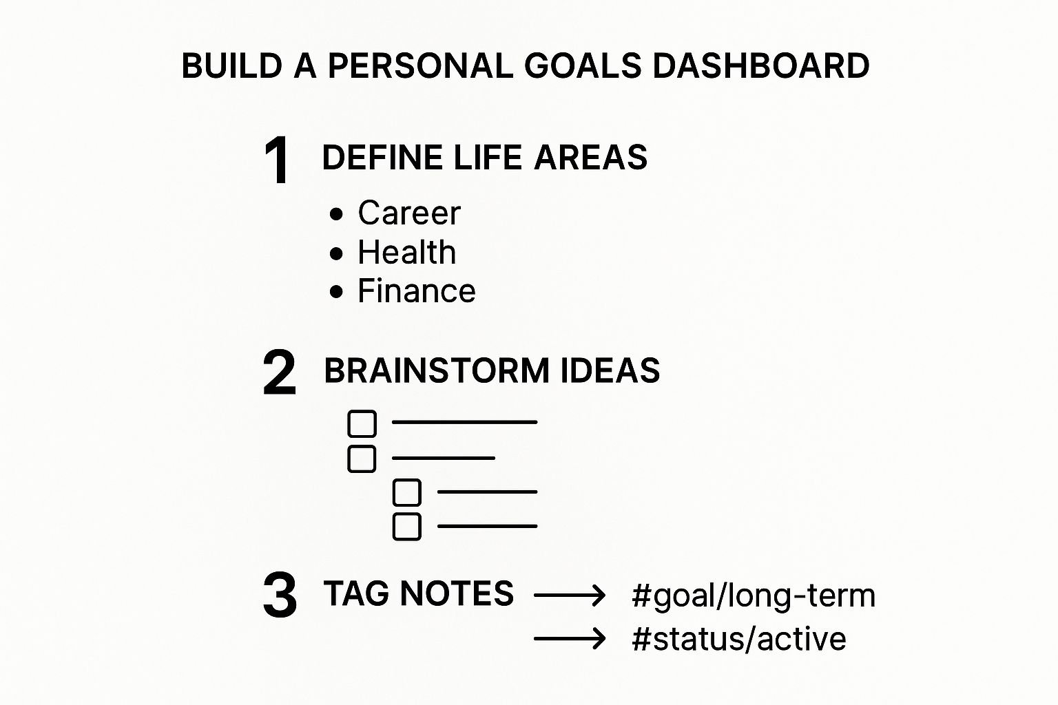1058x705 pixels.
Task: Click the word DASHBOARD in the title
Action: pyautogui.click(x=761, y=65)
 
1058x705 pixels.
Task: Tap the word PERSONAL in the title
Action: pyautogui.click(x=421, y=65)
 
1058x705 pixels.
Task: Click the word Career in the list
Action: pyautogui.click(x=409, y=213)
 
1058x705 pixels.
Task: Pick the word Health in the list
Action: pyautogui.click(x=406, y=252)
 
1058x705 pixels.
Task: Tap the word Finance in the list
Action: pyautogui.click(x=417, y=291)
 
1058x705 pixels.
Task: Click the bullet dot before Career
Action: pyautogui.click(x=336, y=214)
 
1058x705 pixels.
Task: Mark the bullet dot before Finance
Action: pyautogui.click(x=336, y=292)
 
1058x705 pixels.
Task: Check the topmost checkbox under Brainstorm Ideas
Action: pyautogui.click(x=362, y=423)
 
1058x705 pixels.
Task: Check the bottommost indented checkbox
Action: pyautogui.click(x=407, y=526)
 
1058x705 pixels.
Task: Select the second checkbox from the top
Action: pyautogui.click(x=362, y=459)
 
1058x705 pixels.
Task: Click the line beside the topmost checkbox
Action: pyautogui.click(x=465, y=422)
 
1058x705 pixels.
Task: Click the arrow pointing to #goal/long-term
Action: pyautogui.click(x=570, y=595)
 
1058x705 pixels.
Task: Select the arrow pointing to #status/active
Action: pyautogui.click(x=570, y=639)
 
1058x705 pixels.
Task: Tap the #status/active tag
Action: pyautogui.click(x=739, y=639)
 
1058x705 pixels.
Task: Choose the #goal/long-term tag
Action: pyautogui.click(x=754, y=596)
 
